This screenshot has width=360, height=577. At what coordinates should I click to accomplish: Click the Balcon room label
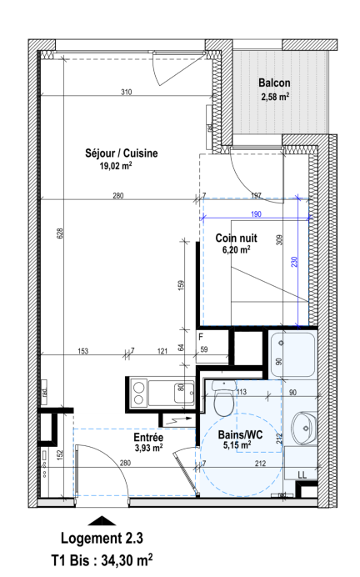click(274, 83)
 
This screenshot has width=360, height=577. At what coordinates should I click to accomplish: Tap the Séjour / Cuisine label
click(122, 153)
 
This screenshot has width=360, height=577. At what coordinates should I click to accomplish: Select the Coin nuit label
click(236, 238)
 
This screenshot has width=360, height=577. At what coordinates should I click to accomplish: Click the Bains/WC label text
click(241, 434)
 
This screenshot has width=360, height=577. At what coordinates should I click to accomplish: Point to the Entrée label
click(148, 437)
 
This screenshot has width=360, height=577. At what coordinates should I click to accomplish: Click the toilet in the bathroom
click(223, 399)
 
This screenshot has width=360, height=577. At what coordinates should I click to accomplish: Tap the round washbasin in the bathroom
click(304, 428)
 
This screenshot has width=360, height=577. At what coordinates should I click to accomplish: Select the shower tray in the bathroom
click(293, 354)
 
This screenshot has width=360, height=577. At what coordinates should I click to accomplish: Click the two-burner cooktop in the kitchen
click(138, 393)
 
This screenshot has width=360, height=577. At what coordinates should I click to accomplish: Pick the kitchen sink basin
click(184, 393)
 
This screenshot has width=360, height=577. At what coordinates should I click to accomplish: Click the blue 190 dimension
click(256, 214)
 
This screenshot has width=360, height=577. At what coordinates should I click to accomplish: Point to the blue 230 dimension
click(294, 262)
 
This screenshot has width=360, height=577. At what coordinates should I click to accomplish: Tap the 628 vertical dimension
click(60, 233)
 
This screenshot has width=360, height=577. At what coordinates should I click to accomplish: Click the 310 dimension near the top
click(127, 92)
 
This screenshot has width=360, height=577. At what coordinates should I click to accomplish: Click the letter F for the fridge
click(201, 337)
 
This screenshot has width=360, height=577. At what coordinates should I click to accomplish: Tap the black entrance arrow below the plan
click(102, 520)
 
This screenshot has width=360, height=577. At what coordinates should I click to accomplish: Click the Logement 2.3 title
click(102, 538)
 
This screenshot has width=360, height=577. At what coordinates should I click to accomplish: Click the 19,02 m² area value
click(116, 166)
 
